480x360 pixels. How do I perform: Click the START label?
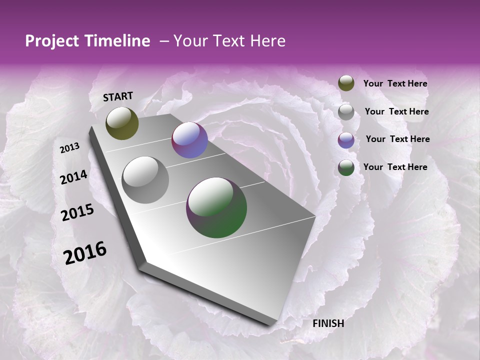tap(118, 96)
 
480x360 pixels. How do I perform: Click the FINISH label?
tap(328, 323)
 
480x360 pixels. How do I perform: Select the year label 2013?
tap(69, 148)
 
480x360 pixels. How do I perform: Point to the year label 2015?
tap(77, 213)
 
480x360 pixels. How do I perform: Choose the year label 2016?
tap(85, 252)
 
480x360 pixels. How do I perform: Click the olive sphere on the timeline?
tap(122, 123)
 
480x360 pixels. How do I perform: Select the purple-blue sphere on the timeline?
tap(189, 140)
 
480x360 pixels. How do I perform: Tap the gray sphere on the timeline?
tap(145, 180)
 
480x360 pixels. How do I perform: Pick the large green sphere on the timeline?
tap(216, 207)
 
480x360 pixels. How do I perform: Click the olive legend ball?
tap(346, 83)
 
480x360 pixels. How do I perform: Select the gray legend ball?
tap(346, 112)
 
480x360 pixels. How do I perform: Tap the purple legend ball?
tap(346, 140)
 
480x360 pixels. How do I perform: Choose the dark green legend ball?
tap(346, 167)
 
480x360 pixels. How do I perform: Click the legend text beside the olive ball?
tap(395, 83)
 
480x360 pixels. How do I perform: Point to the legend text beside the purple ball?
tap(397, 139)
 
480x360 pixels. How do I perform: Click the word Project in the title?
tap(52, 41)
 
